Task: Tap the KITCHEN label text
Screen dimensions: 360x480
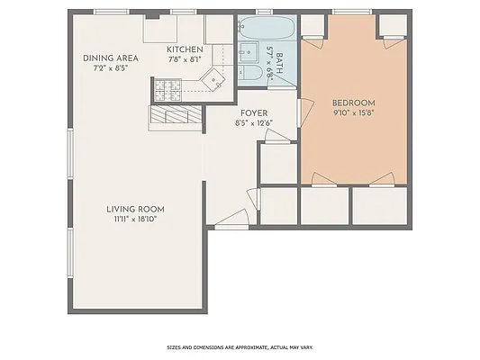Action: pos(186,49)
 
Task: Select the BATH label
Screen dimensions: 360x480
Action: pos(280,63)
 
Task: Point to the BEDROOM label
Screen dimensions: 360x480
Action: pos(353,103)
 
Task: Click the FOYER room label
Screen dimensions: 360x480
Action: pos(253,112)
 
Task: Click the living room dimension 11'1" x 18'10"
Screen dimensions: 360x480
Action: pos(134,219)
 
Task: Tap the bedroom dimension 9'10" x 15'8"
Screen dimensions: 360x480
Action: pos(353,112)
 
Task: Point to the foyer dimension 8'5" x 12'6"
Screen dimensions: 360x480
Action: pos(253,122)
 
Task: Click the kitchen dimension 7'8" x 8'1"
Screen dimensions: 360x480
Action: pos(186,59)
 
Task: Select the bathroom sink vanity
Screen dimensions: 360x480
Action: pos(247,51)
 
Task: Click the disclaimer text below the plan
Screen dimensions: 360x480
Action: pos(240,347)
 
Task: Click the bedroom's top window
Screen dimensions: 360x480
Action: pos(346,12)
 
